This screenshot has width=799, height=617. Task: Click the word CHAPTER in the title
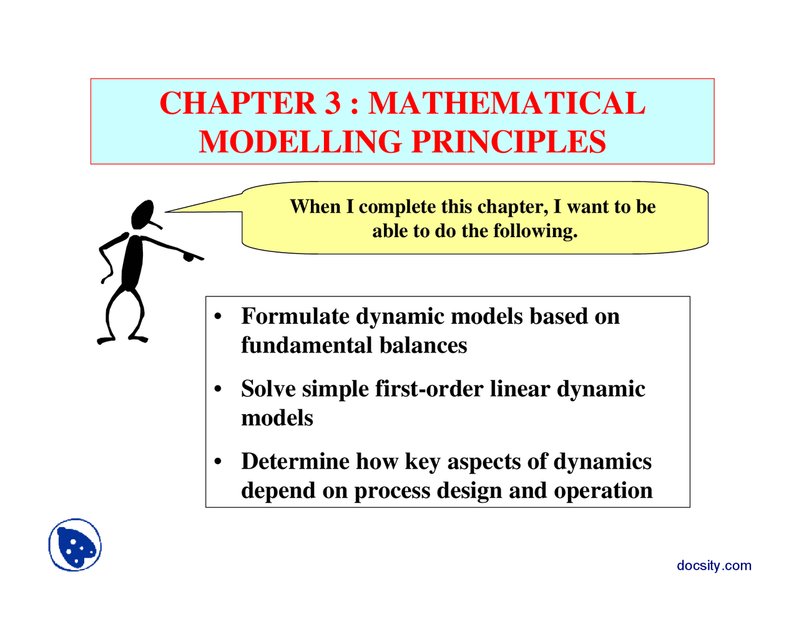point(238,104)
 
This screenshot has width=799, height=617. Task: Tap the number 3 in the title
point(333,104)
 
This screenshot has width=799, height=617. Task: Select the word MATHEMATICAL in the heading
point(506,104)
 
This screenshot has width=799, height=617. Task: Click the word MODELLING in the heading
point(300,142)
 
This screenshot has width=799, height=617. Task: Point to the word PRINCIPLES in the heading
point(509,142)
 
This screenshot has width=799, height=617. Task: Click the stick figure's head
point(143,214)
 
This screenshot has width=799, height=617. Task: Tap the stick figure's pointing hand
point(190,256)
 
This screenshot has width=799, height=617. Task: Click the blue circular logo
point(75,545)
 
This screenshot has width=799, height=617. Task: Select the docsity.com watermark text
point(713,565)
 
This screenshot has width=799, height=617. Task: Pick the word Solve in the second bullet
point(268,389)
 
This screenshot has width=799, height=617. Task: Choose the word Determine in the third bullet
point(295,462)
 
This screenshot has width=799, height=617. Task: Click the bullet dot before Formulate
point(218,317)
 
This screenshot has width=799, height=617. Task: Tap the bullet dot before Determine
point(218,462)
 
